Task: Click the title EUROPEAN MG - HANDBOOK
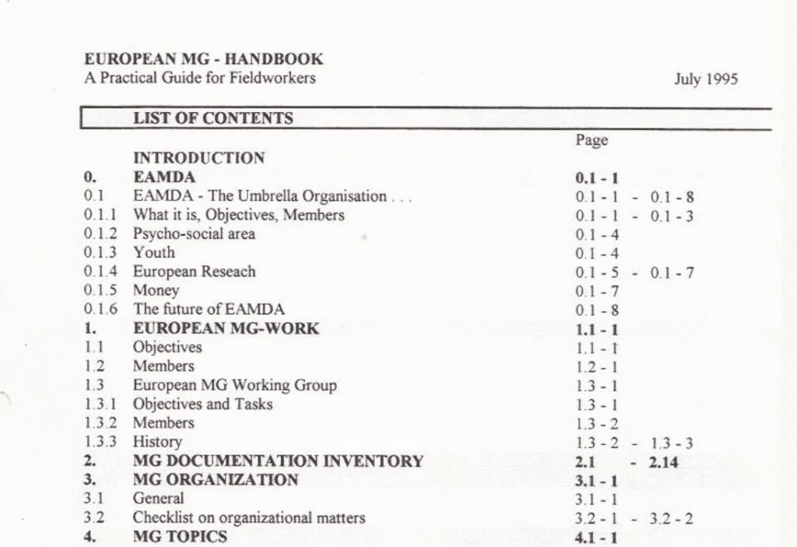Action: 204,59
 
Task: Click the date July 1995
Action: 706,79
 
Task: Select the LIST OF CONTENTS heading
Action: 213,119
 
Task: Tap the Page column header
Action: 592,140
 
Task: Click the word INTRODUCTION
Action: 199,158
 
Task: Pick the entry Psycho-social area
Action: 194,233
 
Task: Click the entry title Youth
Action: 154,252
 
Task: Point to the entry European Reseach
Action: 194,272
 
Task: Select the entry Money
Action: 156,290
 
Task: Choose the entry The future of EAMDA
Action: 209,309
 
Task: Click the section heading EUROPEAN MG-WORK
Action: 226,328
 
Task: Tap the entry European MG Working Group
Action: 234,385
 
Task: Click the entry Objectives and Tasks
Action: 202,404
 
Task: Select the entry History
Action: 157,442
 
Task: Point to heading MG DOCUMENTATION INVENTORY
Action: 278,461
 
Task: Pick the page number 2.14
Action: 663,461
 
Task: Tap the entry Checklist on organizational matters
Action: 248,517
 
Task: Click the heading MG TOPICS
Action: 180,537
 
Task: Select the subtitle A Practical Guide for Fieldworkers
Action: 200,78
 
